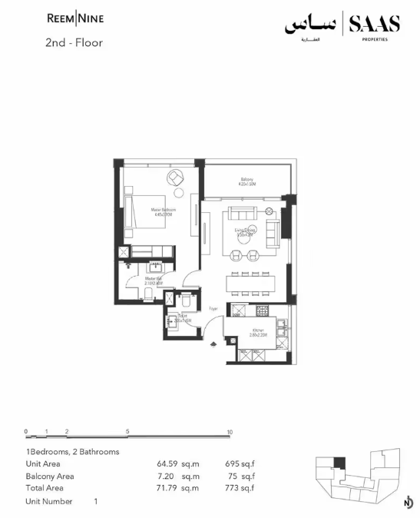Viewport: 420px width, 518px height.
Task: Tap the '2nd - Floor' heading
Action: (74, 43)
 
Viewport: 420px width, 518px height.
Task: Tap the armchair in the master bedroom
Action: (176, 178)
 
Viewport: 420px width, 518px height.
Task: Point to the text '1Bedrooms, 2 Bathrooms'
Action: (72, 452)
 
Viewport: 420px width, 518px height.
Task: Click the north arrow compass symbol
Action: (407, 503)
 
